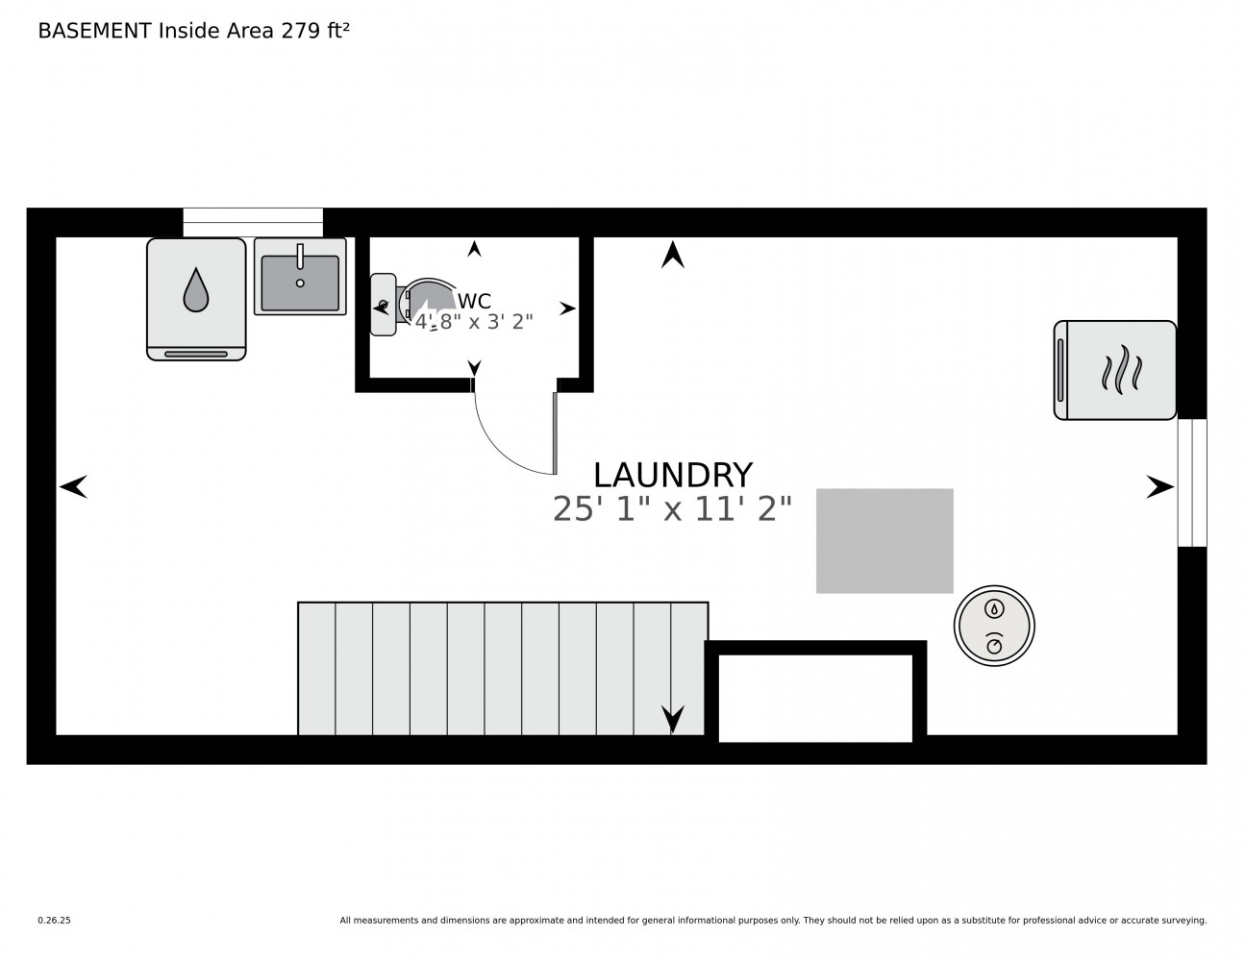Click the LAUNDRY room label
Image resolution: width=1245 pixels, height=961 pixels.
672,475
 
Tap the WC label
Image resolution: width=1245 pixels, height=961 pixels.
474,301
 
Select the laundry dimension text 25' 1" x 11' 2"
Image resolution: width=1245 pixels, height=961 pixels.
672,508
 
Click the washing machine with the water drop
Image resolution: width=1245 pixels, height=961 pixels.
196,299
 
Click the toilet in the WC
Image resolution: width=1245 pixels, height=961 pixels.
412,304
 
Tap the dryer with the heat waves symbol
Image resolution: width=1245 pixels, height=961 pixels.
1115,370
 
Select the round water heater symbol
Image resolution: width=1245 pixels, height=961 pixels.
994,626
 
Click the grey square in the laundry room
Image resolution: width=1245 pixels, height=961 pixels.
884,541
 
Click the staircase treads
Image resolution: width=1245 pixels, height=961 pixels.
503,668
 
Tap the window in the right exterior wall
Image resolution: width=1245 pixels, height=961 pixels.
1192,482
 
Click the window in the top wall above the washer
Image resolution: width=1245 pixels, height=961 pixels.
253,222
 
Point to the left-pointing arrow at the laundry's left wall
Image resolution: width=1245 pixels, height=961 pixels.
73,486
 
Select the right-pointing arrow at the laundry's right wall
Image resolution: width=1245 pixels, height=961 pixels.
1159,487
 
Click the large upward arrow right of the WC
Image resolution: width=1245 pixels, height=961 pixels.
673,255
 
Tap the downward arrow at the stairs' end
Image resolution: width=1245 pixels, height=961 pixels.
673,719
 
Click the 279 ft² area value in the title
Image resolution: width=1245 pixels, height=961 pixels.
314,31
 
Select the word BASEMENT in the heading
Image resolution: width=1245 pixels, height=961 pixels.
94,31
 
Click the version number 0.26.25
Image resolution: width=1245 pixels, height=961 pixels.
55,921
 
